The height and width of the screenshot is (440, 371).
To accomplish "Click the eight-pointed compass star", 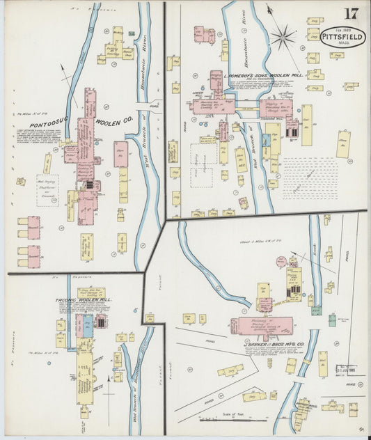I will tap(283, 37).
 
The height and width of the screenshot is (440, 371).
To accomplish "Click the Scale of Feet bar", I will tap(223, 420).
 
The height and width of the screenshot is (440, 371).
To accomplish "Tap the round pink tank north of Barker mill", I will tap(281, 262).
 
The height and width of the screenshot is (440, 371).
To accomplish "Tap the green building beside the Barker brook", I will tap(317, 320).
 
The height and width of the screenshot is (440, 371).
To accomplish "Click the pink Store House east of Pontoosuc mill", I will tap(121, 154).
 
